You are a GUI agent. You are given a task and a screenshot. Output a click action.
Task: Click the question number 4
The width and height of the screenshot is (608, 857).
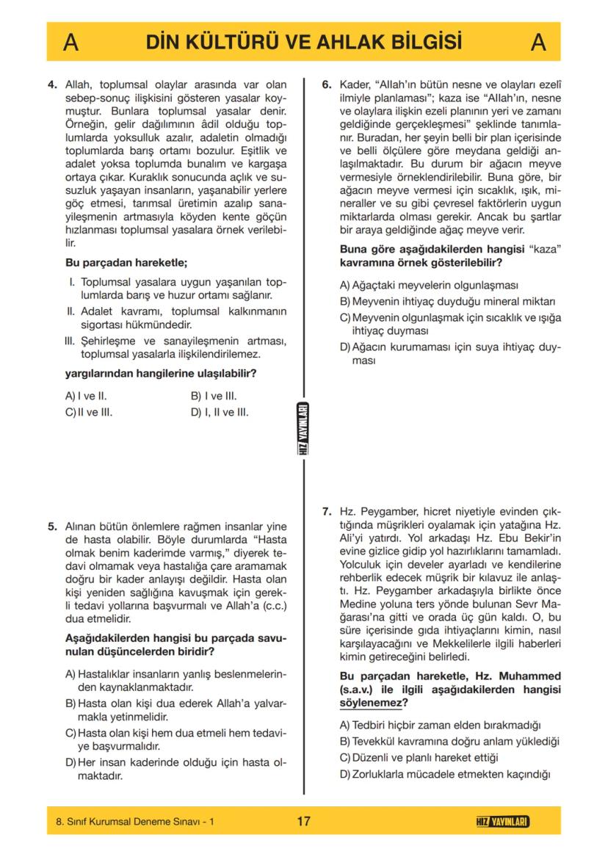point(51,85)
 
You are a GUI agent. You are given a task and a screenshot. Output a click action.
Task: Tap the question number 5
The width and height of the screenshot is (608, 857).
point(51,527)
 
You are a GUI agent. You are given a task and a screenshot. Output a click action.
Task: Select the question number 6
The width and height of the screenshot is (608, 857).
point(327,85)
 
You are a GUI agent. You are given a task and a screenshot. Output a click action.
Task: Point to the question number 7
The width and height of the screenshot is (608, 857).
point(327,511)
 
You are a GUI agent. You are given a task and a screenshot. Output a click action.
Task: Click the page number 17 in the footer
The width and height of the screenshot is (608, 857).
point(303,821)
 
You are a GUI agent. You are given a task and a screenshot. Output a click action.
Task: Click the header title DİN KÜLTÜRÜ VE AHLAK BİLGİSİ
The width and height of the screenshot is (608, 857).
point(303,42)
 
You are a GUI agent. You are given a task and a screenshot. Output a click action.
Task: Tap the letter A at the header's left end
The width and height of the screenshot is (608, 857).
point(71,43)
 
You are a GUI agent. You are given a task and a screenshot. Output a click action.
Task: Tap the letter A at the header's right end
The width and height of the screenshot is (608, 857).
point(538,43)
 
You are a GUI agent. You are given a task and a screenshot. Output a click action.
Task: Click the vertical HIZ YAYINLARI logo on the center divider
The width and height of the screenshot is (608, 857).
point(303,429)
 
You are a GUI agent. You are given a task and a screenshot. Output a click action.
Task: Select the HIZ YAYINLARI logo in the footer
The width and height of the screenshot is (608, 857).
point(502,821)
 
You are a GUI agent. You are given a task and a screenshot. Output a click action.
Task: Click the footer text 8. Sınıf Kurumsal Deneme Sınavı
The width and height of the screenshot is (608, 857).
point(134,822)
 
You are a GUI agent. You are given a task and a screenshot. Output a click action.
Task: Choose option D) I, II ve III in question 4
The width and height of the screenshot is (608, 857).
point(220,412)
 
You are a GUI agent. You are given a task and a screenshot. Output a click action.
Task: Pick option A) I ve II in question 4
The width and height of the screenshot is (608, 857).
point(87,396)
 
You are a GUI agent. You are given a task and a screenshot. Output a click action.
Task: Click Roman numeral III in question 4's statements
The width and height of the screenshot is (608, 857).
point(70,341)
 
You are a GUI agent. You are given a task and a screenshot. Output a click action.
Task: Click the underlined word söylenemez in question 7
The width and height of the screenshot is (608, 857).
point(372,703)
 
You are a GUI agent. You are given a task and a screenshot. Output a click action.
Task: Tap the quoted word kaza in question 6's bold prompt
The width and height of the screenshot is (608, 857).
point(546,249)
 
